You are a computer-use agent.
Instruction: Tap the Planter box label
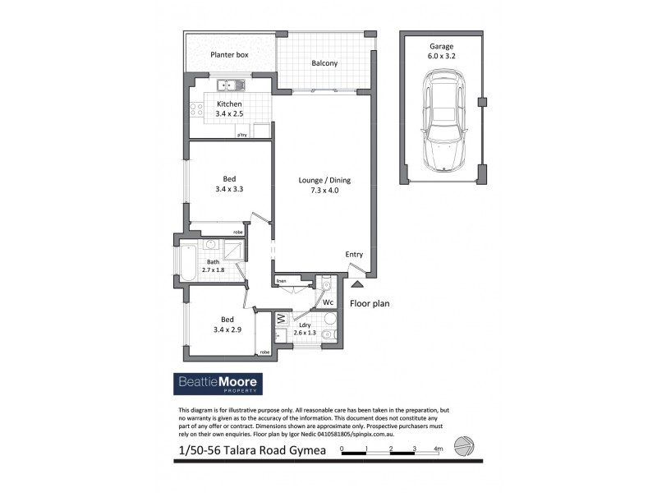click(x=229, y=55)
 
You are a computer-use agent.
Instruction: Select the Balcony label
click(x=324, y=63)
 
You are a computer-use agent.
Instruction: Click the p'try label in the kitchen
click(x=242, y=135)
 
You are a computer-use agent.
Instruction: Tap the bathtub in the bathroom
click(x=188, y=264)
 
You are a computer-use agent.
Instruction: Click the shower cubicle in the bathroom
click(x=232, y=251)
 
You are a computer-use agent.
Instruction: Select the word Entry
click(x=354, y=255)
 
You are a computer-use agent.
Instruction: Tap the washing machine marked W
click(x=281, y=318)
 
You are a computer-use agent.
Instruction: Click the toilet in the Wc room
click(x=326, y=285)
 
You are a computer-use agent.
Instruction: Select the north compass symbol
click(x=465, y=445)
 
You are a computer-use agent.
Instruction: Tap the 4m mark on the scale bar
click(x=439, y=449)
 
